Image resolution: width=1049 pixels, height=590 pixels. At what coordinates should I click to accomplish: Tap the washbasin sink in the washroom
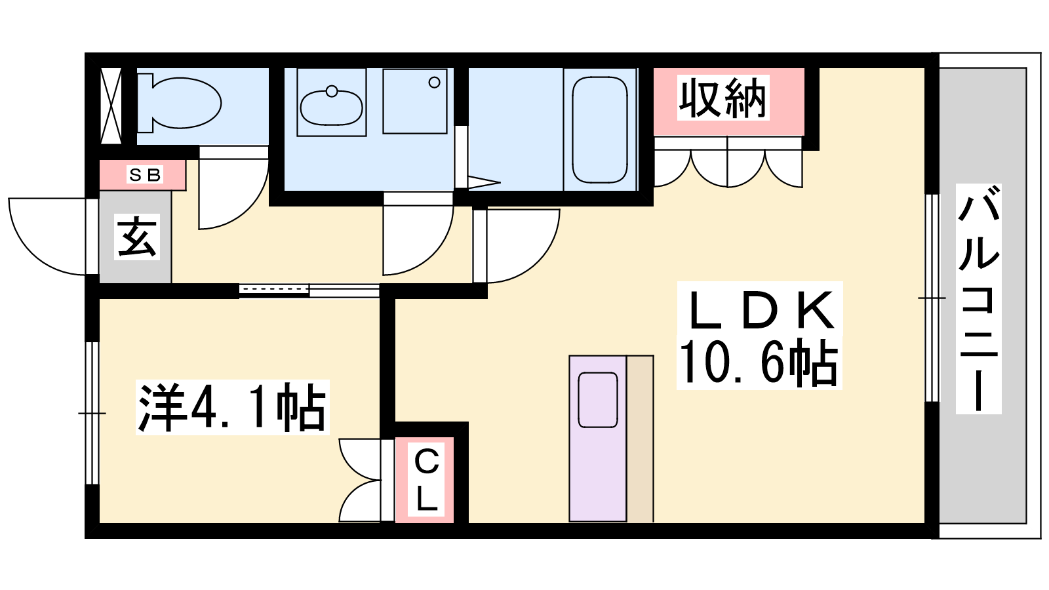tap(331, 107)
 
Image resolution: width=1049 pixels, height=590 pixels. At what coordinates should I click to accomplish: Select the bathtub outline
tap(599, 130)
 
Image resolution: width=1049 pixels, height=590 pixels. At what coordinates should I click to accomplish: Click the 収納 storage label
tap(722, 98)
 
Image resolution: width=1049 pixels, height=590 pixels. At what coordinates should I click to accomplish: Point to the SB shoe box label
tap(145, 175)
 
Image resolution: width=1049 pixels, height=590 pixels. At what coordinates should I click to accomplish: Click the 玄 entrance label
tap(137, 237)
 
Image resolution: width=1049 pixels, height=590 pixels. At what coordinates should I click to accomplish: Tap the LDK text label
tap(760, 309)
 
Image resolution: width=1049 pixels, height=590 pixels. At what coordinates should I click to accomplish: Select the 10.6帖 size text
tap(759, 363)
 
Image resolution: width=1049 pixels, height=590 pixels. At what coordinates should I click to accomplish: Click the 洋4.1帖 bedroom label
tap(232, 407)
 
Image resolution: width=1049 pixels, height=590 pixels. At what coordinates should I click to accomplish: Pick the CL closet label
tap(426, 479)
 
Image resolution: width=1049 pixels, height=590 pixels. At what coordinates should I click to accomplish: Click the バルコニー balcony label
tap(979, 299)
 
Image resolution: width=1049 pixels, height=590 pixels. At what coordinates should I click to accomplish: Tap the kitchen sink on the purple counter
tap(598, 400)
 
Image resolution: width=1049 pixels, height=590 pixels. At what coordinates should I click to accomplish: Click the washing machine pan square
tap(415, 101)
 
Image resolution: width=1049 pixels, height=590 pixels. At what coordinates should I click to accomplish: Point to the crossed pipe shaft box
tap(111, 106)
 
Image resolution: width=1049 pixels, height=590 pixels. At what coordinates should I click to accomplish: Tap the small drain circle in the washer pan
tap(434, 83)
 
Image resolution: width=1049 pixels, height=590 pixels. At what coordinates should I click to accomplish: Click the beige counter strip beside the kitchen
tap(640, 439)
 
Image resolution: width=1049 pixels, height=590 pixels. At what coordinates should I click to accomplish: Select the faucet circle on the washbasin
tap(332, 91)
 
